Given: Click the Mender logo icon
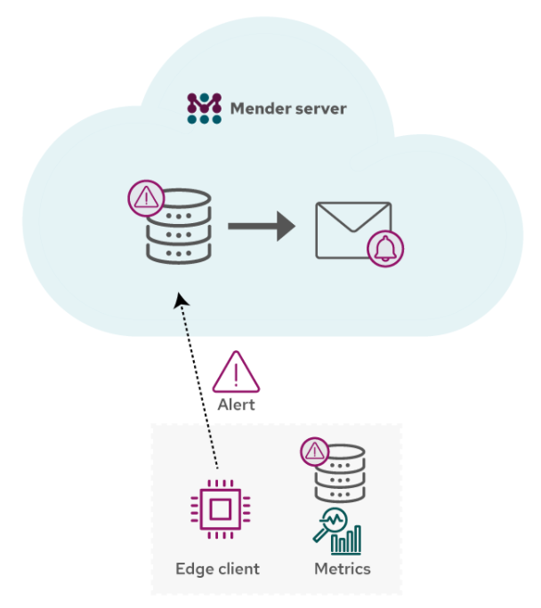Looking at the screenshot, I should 204,108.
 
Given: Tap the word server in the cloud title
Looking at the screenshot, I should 321,109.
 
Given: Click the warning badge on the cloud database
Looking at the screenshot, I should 145,196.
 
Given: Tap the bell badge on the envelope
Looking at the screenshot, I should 385,248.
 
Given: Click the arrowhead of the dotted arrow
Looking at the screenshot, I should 182,300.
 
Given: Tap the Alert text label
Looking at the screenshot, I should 236,404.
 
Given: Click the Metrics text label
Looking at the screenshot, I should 343,569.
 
